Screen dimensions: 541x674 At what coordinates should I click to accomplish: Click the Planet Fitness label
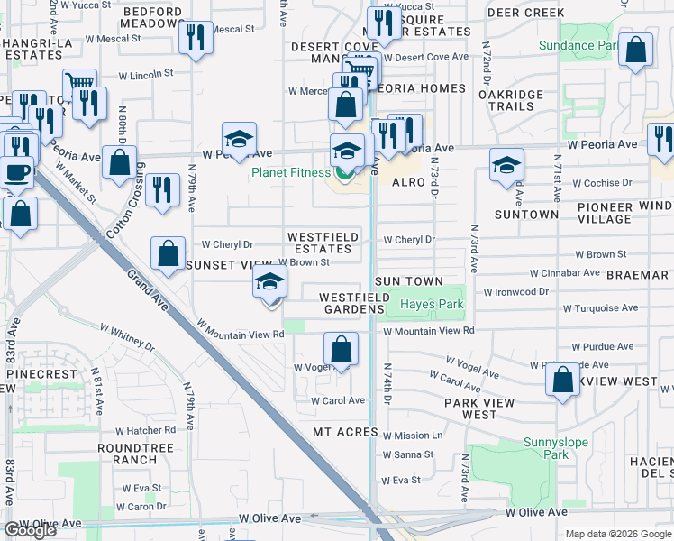pyautogui.click(x=292, y=173)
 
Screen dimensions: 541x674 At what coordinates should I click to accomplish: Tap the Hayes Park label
pyautogui.click(x=433, y=305)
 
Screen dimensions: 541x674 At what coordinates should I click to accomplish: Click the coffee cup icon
pyautogui.click(x=15, y=171)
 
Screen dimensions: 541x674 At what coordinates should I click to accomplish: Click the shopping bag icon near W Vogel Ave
pyautogui.click(x=341, y=348)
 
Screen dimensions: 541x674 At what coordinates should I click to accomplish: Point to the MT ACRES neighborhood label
pyautogui.click(x=345, y=432)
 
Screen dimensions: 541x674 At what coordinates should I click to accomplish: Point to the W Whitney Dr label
pyautogui.click(x=127, y=336)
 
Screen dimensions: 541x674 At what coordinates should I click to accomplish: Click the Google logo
pyautogui.click(x=30, y=530)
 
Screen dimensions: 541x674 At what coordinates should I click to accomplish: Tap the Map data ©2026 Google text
pyautogui.click(x=618, y=534)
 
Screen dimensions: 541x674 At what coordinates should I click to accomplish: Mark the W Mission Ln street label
pyautogui.click(x=413, y=436)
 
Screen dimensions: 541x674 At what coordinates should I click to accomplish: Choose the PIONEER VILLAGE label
pyautogui.click(x=605, y=213)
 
